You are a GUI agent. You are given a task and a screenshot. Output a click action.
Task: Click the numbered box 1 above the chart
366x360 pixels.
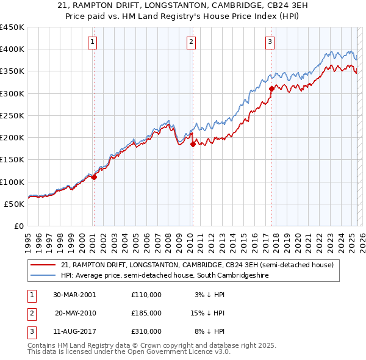[x=92, y=42]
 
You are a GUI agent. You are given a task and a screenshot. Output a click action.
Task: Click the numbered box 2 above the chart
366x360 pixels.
[x=191, y=42]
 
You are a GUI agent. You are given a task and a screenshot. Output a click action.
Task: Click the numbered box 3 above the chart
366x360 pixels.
[x=270, y=42]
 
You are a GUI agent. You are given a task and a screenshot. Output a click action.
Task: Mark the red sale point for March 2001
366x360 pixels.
[x=95, y=177]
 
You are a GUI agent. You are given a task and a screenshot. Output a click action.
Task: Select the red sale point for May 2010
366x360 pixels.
[x=193, y=144]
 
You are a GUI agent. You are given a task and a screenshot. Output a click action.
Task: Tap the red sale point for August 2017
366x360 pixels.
[x=271, y=88]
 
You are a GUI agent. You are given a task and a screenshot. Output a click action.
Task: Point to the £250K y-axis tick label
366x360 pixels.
[x=12, y=115]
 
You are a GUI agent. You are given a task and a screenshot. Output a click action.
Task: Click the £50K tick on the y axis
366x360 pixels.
[x=14, y=204]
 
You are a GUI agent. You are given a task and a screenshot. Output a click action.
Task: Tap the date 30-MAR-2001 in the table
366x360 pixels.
[x=74, y=295]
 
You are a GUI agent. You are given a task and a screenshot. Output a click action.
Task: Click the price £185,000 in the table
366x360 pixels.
[x=146, y=313]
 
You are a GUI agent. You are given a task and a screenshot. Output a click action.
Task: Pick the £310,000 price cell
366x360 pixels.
[x=146, y=331]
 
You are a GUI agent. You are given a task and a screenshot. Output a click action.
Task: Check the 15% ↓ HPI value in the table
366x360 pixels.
[x=208, y=313]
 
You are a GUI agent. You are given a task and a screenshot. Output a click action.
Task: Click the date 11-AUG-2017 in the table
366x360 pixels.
[x=75, y=331]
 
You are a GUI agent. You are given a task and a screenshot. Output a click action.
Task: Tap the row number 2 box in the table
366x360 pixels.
[x=31, y=313]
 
